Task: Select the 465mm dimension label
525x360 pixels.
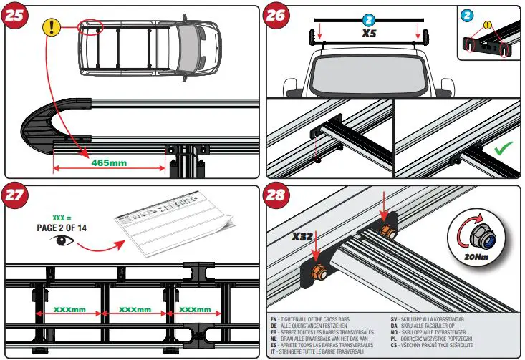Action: [x=109, y=163]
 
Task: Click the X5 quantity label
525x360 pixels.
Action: [x=369, y=33]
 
